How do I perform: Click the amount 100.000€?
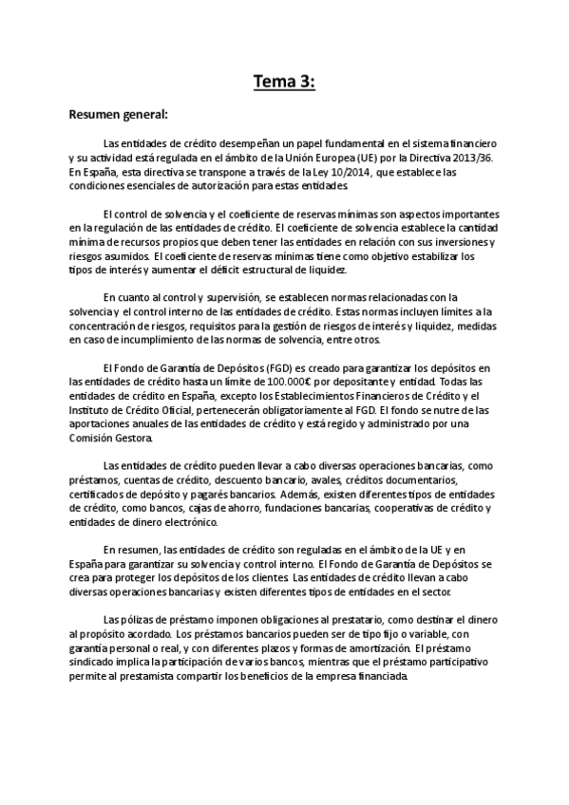255,381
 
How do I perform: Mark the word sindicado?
92,662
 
